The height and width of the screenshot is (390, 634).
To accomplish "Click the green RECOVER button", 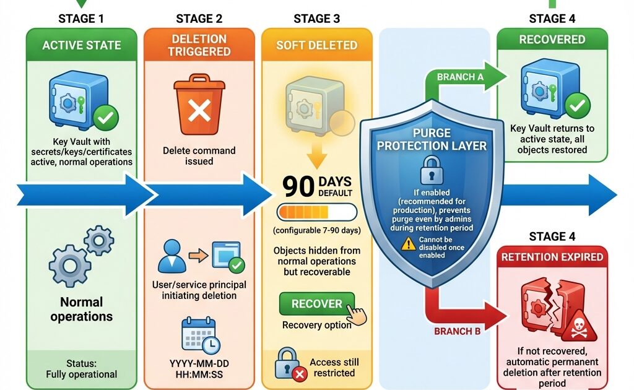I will point(317,303).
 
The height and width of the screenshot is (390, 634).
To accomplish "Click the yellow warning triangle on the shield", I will point(408,244).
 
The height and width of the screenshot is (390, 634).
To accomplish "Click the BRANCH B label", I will point(458,331).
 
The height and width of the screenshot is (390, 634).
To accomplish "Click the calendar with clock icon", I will point(199,336).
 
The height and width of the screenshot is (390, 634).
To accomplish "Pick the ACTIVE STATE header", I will point(81,45).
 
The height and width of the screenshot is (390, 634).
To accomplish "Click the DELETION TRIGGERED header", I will point(199,45).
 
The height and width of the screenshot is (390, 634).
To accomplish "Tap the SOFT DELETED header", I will point(316,45).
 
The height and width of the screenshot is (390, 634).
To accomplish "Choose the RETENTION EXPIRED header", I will point(552,257).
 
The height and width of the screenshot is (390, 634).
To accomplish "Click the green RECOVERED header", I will point(552,40).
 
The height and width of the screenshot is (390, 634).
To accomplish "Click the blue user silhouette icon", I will point(172,258).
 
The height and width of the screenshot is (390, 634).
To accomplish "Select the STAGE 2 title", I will point(199,19).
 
